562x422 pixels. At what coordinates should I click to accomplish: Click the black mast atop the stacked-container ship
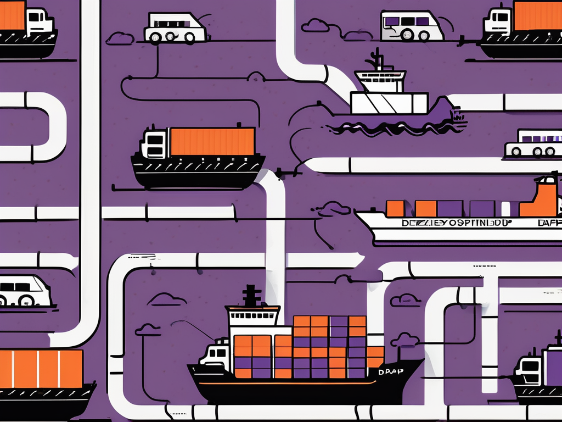[x=251, y=296]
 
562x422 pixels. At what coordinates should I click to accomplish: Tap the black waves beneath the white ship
[x=395, y=127]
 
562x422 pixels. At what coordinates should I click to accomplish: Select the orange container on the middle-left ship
[x=212, y=142]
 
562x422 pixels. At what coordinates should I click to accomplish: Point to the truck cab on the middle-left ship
[x=155, y=144]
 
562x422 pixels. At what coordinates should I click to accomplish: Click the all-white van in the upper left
[x=176, y=28]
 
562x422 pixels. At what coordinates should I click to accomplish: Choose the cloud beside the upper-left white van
[x=120, y=38]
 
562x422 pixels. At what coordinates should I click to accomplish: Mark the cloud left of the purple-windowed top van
[x=316, y=25]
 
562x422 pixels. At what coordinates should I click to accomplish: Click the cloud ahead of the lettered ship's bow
[x=333, y=209]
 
